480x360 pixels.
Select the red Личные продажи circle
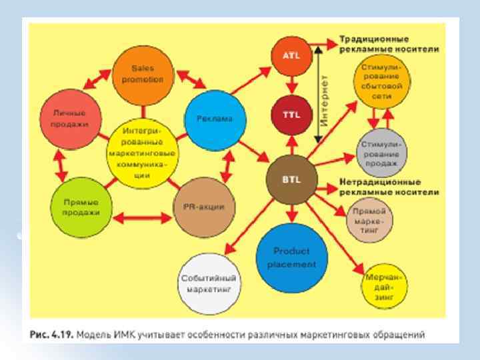pos(69,119)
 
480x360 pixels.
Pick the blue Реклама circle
pos(215,119)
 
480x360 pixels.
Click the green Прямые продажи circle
pos(81,207)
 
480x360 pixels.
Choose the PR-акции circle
pos(203,206)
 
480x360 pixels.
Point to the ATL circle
pos(291,56)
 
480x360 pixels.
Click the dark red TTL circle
pos(291,113)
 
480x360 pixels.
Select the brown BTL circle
pos(291,180)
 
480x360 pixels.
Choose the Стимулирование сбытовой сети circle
pos(381,81)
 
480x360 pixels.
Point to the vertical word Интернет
pos(325,101)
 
